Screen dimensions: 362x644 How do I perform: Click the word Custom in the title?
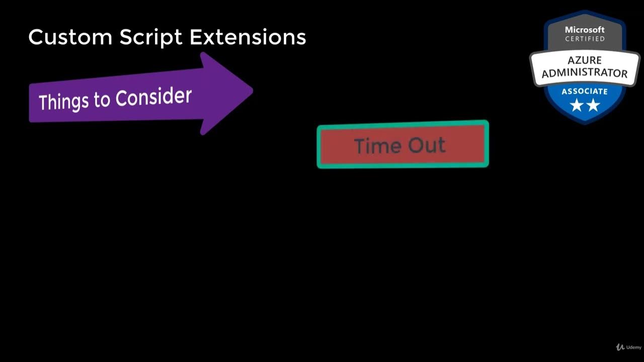[70, 37]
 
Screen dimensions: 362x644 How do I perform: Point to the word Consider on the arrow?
[153, 97]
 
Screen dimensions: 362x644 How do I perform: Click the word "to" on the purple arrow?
[102, 100]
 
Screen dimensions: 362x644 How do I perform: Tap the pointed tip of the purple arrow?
[251, 91]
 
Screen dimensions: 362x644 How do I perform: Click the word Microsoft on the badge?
[585, 30]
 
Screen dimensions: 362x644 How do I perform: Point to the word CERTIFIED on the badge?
[585, 39]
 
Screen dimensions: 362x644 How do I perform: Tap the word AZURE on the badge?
[585, 60]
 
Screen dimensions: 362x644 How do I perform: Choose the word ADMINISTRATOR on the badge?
[585, 72]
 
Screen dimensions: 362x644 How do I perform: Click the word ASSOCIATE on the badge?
[585, 92]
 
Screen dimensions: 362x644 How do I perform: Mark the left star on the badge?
[576, 105]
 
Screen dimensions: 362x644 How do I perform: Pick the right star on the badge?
[593, 105]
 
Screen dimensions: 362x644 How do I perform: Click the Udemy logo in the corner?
[629, 347]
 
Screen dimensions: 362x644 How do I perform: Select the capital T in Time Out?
[359, 146]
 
